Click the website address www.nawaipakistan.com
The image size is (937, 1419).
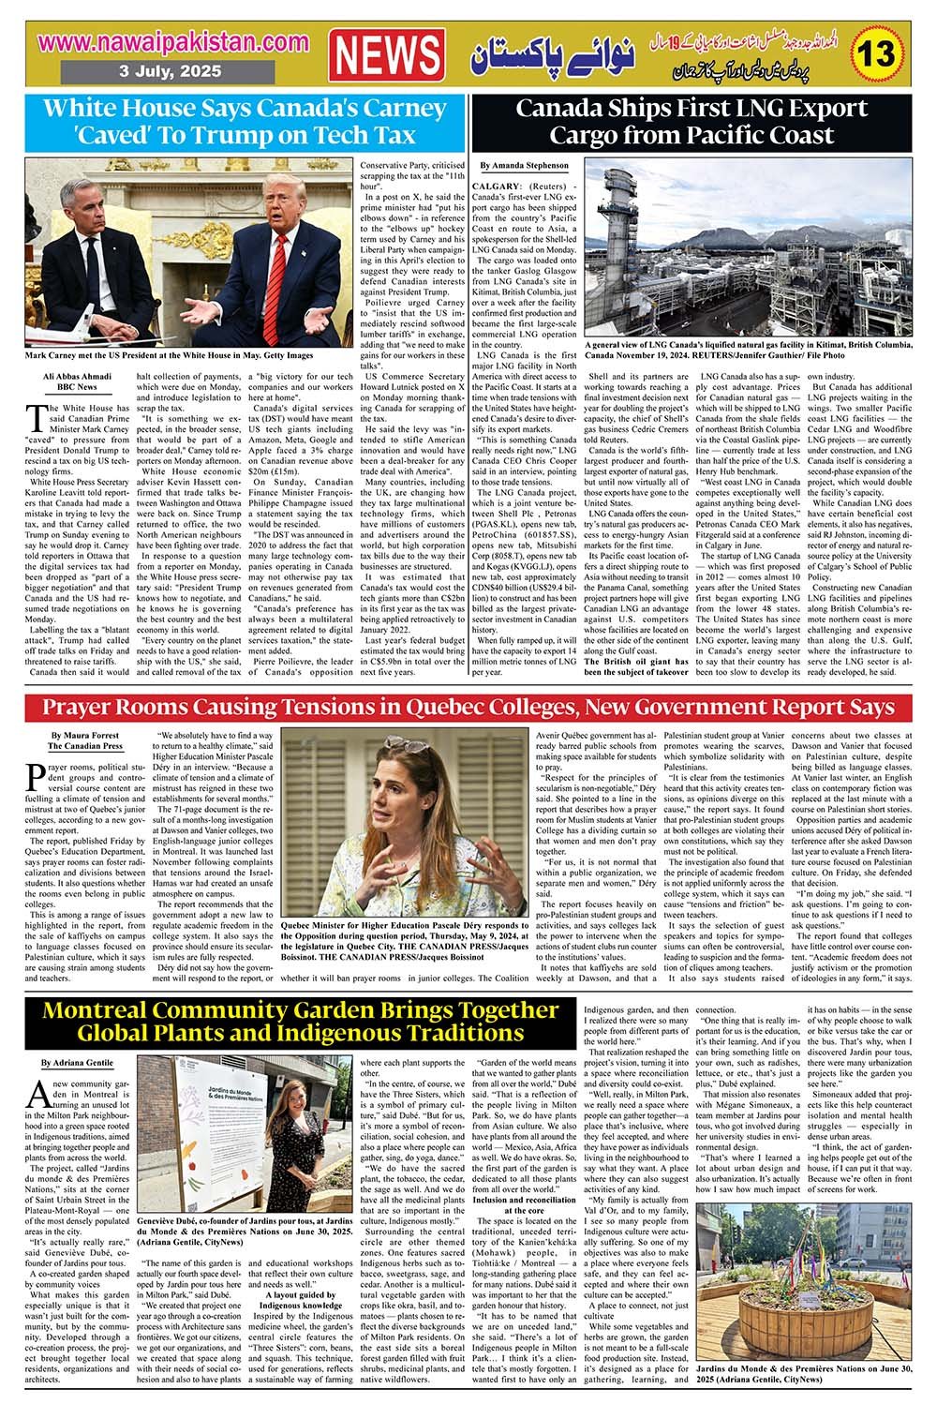pos(175,42)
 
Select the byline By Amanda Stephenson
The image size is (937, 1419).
pos(524,165)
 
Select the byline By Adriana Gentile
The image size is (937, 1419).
pos(76,1064)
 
